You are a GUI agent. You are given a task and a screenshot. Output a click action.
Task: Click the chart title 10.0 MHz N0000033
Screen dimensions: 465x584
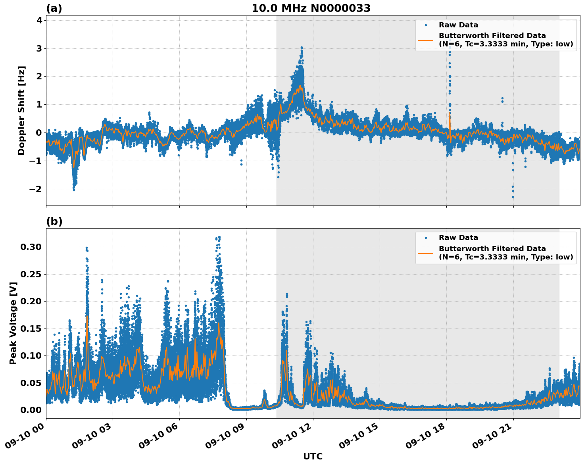click(311, 8)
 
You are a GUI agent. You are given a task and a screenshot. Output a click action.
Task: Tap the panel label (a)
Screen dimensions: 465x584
click(54, 8)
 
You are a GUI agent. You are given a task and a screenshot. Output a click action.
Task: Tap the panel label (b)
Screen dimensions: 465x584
click(54, 221)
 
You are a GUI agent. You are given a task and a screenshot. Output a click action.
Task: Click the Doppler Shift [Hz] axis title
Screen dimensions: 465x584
click(21, 110)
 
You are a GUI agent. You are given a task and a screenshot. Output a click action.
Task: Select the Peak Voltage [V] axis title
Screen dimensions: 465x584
click(13, 323)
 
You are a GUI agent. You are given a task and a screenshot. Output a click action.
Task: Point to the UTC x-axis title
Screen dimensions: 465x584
click(313, 456)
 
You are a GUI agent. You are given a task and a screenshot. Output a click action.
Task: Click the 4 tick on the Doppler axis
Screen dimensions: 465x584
click(39, 21)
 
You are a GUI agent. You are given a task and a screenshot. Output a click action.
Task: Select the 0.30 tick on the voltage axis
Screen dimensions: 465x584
click(31, 247)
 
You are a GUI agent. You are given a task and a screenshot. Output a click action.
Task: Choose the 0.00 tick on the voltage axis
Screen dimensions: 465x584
click(31, 410)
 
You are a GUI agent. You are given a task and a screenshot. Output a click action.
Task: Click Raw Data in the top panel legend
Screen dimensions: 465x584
click(458, 25)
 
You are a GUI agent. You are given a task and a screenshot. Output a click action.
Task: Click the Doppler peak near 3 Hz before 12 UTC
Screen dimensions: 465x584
click(302, 48)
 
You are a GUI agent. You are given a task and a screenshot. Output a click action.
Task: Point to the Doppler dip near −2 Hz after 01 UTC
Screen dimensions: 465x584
click(74, 190)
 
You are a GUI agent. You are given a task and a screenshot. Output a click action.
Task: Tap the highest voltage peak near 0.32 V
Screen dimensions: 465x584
click(219, 237)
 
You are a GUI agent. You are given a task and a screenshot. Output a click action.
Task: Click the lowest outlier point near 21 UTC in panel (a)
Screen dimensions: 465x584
click(513, 197)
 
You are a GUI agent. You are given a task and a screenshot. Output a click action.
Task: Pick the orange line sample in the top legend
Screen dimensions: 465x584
click(426, 40)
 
